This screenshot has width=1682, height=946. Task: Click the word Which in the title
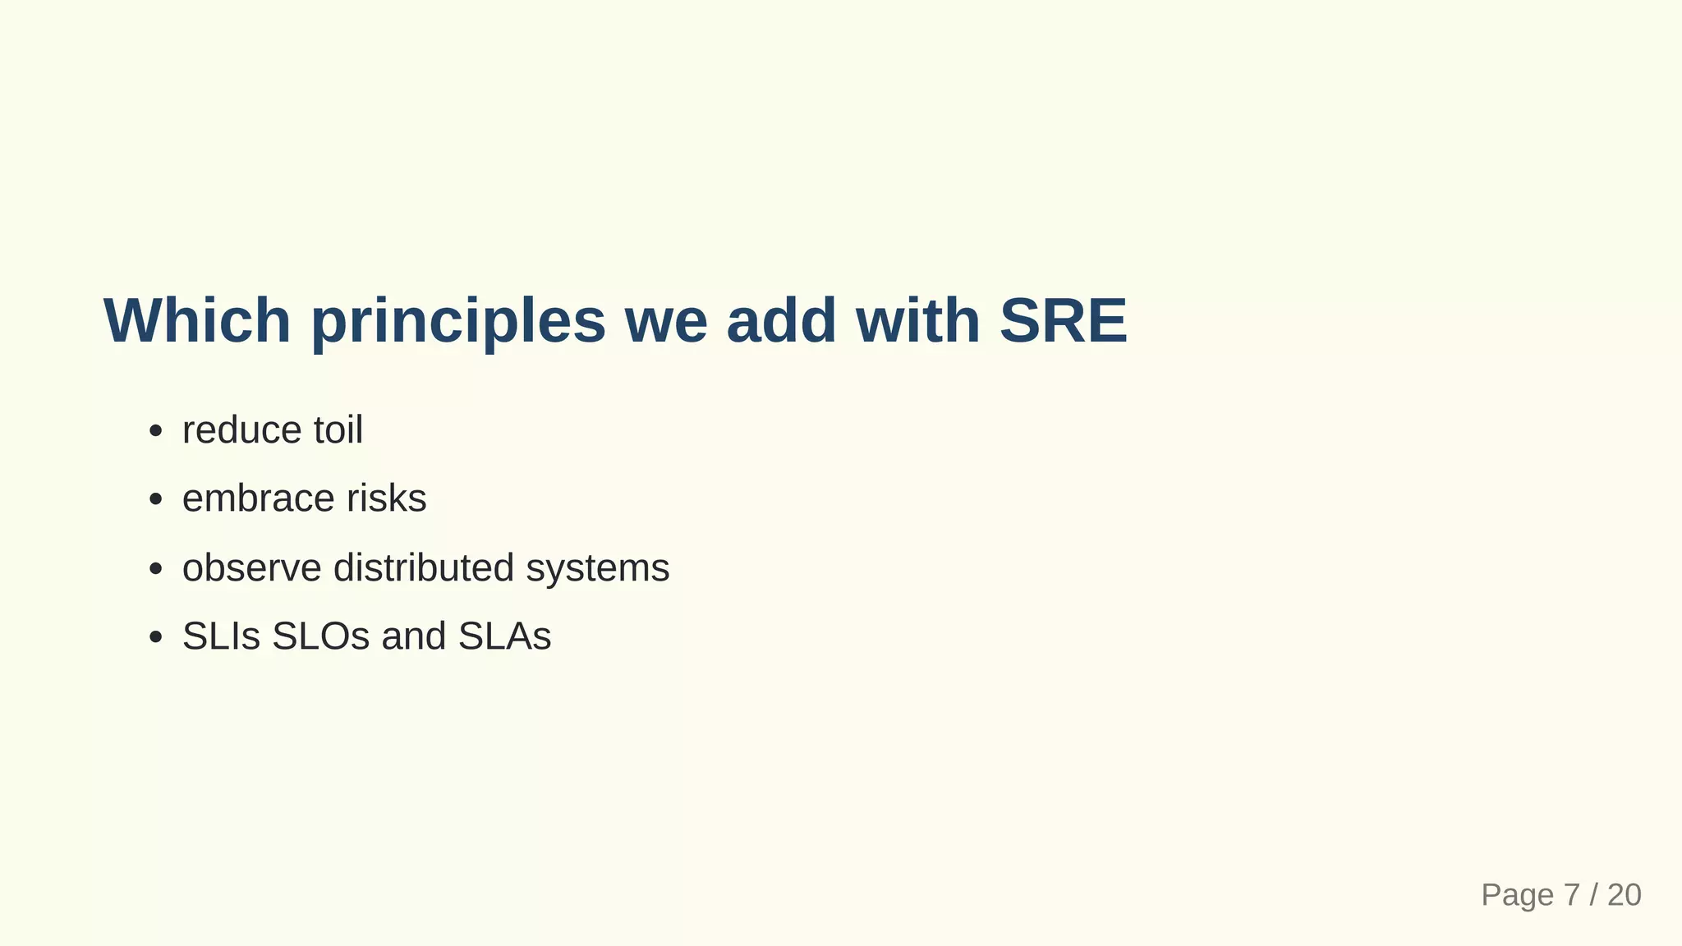[197, 320]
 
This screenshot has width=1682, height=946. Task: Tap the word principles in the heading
[458, 322]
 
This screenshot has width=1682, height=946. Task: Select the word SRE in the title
[1063, 320]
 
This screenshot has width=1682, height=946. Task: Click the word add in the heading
[781, 320]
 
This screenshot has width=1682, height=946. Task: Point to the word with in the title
[917, 320]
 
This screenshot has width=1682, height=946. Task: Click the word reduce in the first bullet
[241, 430]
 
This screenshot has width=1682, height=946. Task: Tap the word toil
[338, 430]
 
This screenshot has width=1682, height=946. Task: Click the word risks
[386, 498]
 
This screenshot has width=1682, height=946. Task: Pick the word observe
[251, 568]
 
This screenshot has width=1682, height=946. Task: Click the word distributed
[424, 568]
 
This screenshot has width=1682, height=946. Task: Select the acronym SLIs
[221, 636]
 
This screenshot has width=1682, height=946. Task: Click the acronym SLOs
[320, 636]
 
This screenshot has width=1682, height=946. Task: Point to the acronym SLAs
[504, 636]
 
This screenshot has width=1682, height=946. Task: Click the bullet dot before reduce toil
[156, 432]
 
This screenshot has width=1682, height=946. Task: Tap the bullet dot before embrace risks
[156, 500]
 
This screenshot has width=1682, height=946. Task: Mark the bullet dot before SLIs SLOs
[156, 638]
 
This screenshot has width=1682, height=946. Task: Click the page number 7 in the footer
[1571, 895]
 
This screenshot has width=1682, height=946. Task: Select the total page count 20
[1624, 895]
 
